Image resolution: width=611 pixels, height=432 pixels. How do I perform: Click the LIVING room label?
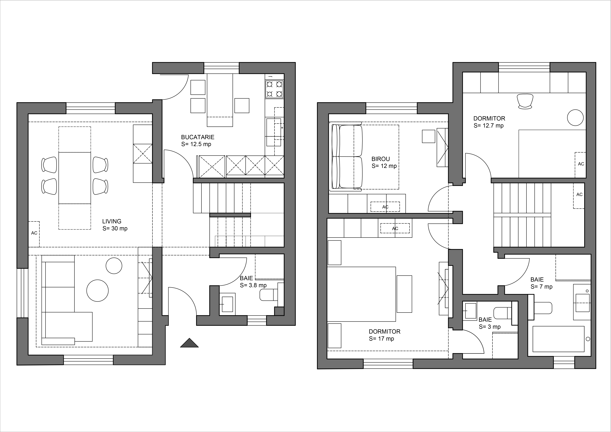click(x=112, y=221)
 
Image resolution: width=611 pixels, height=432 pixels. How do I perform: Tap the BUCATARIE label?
click(x=198, y=137)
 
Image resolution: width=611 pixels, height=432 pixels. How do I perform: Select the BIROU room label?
click(x=381, y=159)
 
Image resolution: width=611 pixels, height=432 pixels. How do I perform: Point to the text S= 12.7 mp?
click(x=489, y=126)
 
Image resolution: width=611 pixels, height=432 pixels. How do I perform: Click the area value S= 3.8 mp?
click(x=253, y=285)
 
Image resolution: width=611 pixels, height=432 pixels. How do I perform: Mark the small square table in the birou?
click(x=429, y=136)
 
